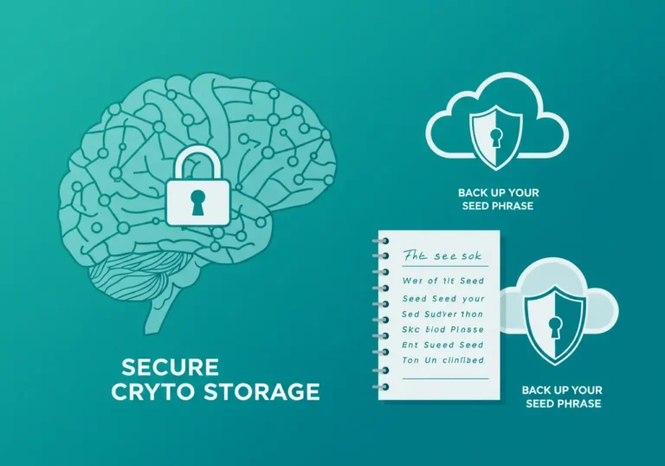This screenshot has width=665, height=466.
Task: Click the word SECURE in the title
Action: coord(170,366)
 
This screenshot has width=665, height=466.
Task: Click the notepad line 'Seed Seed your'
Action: coord(443,298)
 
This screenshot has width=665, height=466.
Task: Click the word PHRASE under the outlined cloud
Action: coord(517,205)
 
